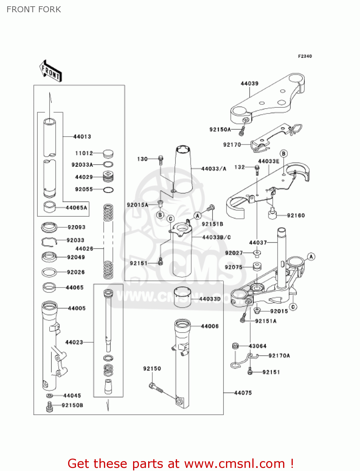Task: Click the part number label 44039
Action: [250, 84]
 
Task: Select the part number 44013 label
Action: [82, 137]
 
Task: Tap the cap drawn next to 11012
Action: [108, 154]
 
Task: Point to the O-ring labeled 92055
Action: [108, 190]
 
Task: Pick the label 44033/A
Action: [214, 169]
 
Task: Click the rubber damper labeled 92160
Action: [272, 215]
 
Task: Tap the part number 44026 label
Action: [84, 249]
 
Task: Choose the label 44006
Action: [210, 326]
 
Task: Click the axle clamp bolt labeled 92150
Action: [155, 387]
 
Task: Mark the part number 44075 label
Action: [243, 393]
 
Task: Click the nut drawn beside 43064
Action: [235, 346]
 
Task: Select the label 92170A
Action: [279, 356]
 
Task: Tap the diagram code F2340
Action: [305, 56]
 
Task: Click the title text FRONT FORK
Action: [34, 9]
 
